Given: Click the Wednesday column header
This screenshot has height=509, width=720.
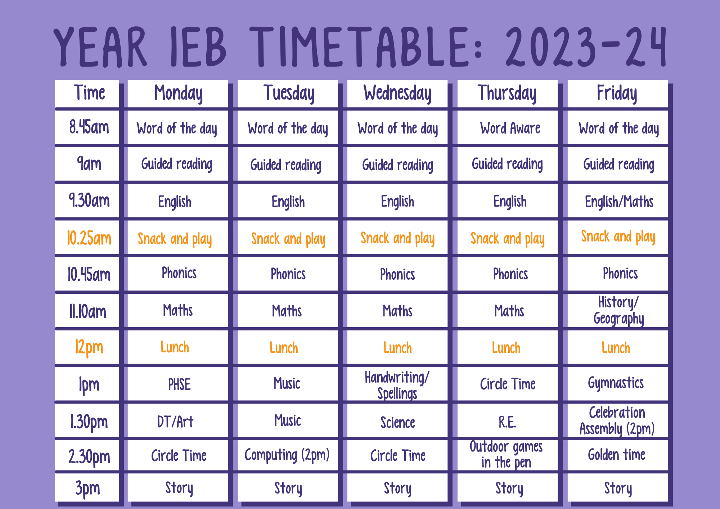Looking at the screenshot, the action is click(x=397, y=93).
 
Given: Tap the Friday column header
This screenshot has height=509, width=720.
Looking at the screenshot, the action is click(x=617, y=93).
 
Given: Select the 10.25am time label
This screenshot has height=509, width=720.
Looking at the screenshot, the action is click(x=89, y=238).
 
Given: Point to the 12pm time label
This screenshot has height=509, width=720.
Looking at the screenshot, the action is click(x=89, y=347).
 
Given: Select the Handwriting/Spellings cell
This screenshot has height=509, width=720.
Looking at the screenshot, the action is click(x=397, y=384).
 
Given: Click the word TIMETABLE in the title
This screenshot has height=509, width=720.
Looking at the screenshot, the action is click(x=360, y=47).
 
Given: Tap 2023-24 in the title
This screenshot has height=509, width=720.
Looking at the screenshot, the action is click(x=586, y=47).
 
